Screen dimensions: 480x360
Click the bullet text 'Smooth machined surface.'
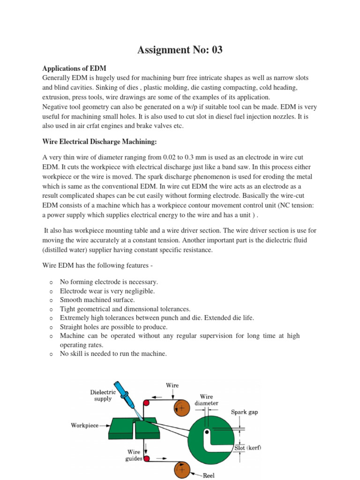[x=97, y=300]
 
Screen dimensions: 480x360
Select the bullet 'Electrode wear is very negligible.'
[x=107, y=291]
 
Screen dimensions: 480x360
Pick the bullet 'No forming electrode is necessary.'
[x=109, y=282]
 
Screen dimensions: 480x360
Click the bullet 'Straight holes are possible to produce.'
[x=114, y=327]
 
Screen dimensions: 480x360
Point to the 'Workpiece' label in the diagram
[x=84, y=425]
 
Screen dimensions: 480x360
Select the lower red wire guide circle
[x=147, y=458]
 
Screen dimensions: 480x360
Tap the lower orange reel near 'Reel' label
[x=181, y=469]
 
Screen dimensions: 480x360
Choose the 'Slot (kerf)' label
[x=247, y=448]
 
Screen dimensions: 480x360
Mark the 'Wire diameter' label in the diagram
[x=206, y=399]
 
